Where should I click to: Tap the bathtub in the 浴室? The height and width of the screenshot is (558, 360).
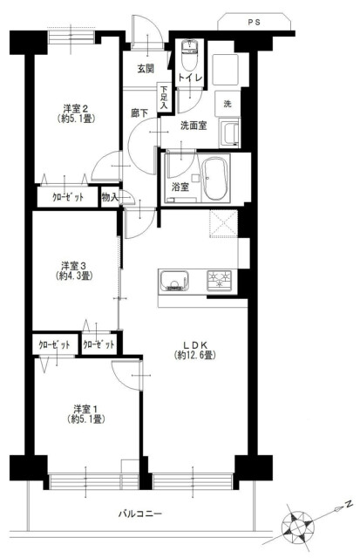pos(214,180)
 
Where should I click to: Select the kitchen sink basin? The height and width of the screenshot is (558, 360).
pos(173,281)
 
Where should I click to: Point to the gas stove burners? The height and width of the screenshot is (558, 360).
pos(219,280)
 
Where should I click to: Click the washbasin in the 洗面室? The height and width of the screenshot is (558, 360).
pos(229,133)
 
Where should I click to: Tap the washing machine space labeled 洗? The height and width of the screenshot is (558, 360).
pos(228,104)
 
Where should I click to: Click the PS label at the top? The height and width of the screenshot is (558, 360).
pos(254,23)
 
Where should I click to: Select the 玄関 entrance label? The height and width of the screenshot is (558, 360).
pos(146,69)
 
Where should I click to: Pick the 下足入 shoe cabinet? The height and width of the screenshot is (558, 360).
pos(164,98)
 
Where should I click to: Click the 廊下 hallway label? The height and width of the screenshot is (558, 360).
pos(139,113)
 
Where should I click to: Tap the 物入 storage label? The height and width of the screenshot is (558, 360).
pos(110,197)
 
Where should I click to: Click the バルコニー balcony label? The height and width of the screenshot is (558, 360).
pos(140,514)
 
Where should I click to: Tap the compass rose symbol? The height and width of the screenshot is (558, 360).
pos(298,525)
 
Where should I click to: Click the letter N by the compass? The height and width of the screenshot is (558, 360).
pos(349,504)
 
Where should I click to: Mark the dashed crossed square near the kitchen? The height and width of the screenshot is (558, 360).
pos(223,223)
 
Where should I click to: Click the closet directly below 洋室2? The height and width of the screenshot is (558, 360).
pos(68,197)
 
